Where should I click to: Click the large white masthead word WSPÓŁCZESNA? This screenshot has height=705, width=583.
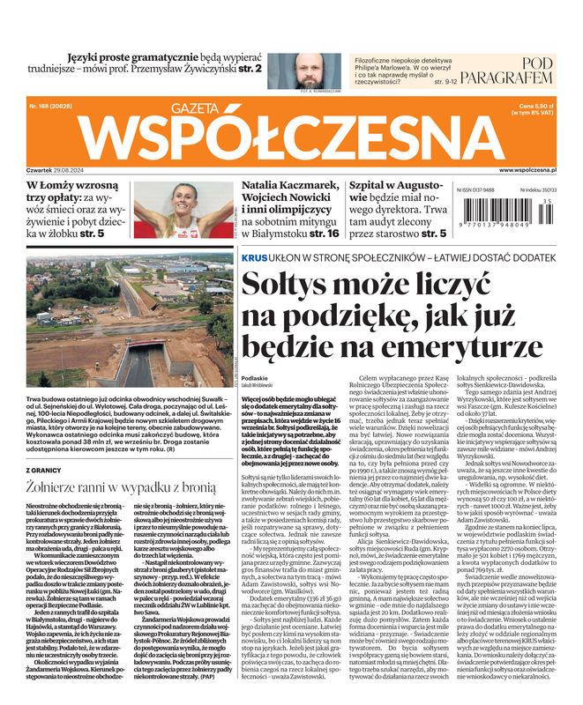click(x=291, y=134)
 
